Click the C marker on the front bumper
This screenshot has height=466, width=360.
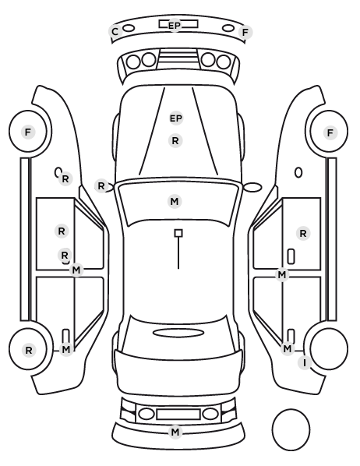click(x=115, y=31)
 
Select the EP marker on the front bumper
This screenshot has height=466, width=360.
click(x=175, y=26)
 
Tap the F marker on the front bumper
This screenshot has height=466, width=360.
click(x=245, y=32)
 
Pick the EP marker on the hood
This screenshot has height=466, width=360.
click(x=175, y=118)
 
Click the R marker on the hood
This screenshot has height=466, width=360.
click(x=175, y=140)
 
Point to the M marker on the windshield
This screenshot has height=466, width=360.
click(x=175, y=202)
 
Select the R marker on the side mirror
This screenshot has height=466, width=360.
click(x=101, y=186)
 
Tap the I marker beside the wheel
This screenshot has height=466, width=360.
click(x=305, y=363)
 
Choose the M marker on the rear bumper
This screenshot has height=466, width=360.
click(x=175, y=432)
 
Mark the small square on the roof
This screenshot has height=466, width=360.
click(x=178, y=233)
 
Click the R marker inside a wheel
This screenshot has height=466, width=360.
click(x=29, y=351)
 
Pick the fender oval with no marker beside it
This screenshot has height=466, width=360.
click(x=298, y=173)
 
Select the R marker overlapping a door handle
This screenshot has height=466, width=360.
click(x=65, y=256)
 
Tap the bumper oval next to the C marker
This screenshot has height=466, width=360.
click(x=129, y=28)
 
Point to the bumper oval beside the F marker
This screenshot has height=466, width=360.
click(x=228, y=28)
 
